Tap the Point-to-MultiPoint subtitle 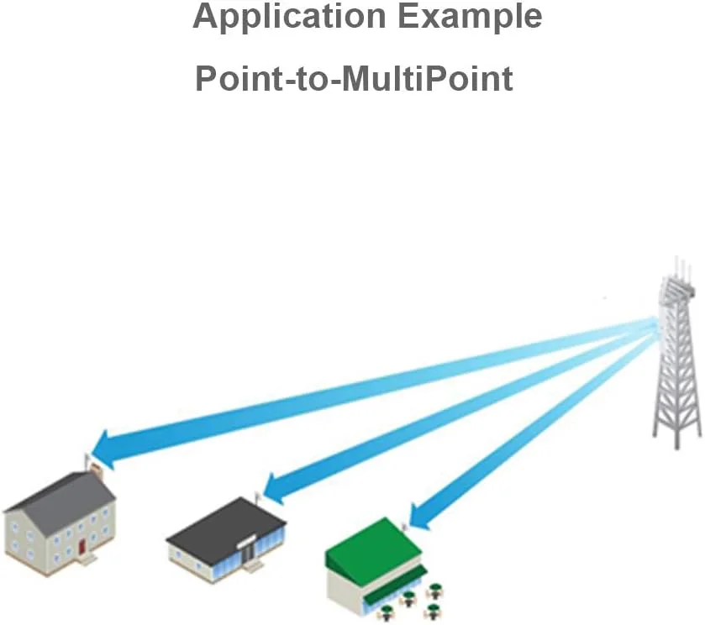click(354, 79)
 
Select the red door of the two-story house click(82, 546)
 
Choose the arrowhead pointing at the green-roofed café click(418, 514)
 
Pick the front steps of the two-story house click(87, 558)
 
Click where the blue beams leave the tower click(650, 324)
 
